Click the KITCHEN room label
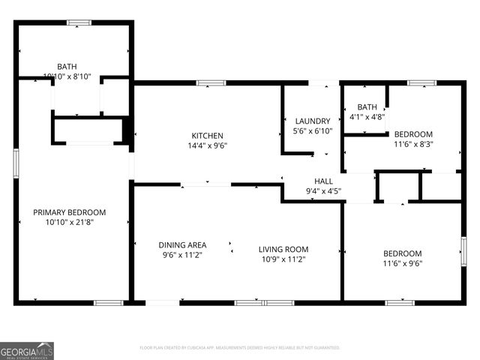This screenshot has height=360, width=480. tap(208, 136)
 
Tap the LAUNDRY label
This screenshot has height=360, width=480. tap(313, 121)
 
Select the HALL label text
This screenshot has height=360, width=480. tap(323, 181)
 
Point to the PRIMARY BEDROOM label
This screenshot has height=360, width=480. tap(70, 212)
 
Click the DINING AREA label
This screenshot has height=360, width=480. tap(182, 245)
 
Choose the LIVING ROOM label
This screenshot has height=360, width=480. tap(283, 249)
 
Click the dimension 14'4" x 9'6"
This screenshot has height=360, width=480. tap(208, 146)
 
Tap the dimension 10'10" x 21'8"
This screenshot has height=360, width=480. tap(70, 222)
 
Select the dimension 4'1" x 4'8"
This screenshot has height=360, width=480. tap(367, 117)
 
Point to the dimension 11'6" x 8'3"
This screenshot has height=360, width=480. tap(413, 144)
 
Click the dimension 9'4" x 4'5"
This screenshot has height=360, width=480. tap(323, 191)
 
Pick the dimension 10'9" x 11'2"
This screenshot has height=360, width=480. tap(283, 259)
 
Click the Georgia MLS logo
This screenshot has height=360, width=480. tap(27, 351)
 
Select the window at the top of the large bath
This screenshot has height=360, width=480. tap(78, 22)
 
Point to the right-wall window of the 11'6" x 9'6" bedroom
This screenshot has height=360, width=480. tap(463, 251)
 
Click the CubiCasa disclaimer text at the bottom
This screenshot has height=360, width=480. tap(240, 348)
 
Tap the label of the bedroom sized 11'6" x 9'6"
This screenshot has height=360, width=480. tap(402, 253)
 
